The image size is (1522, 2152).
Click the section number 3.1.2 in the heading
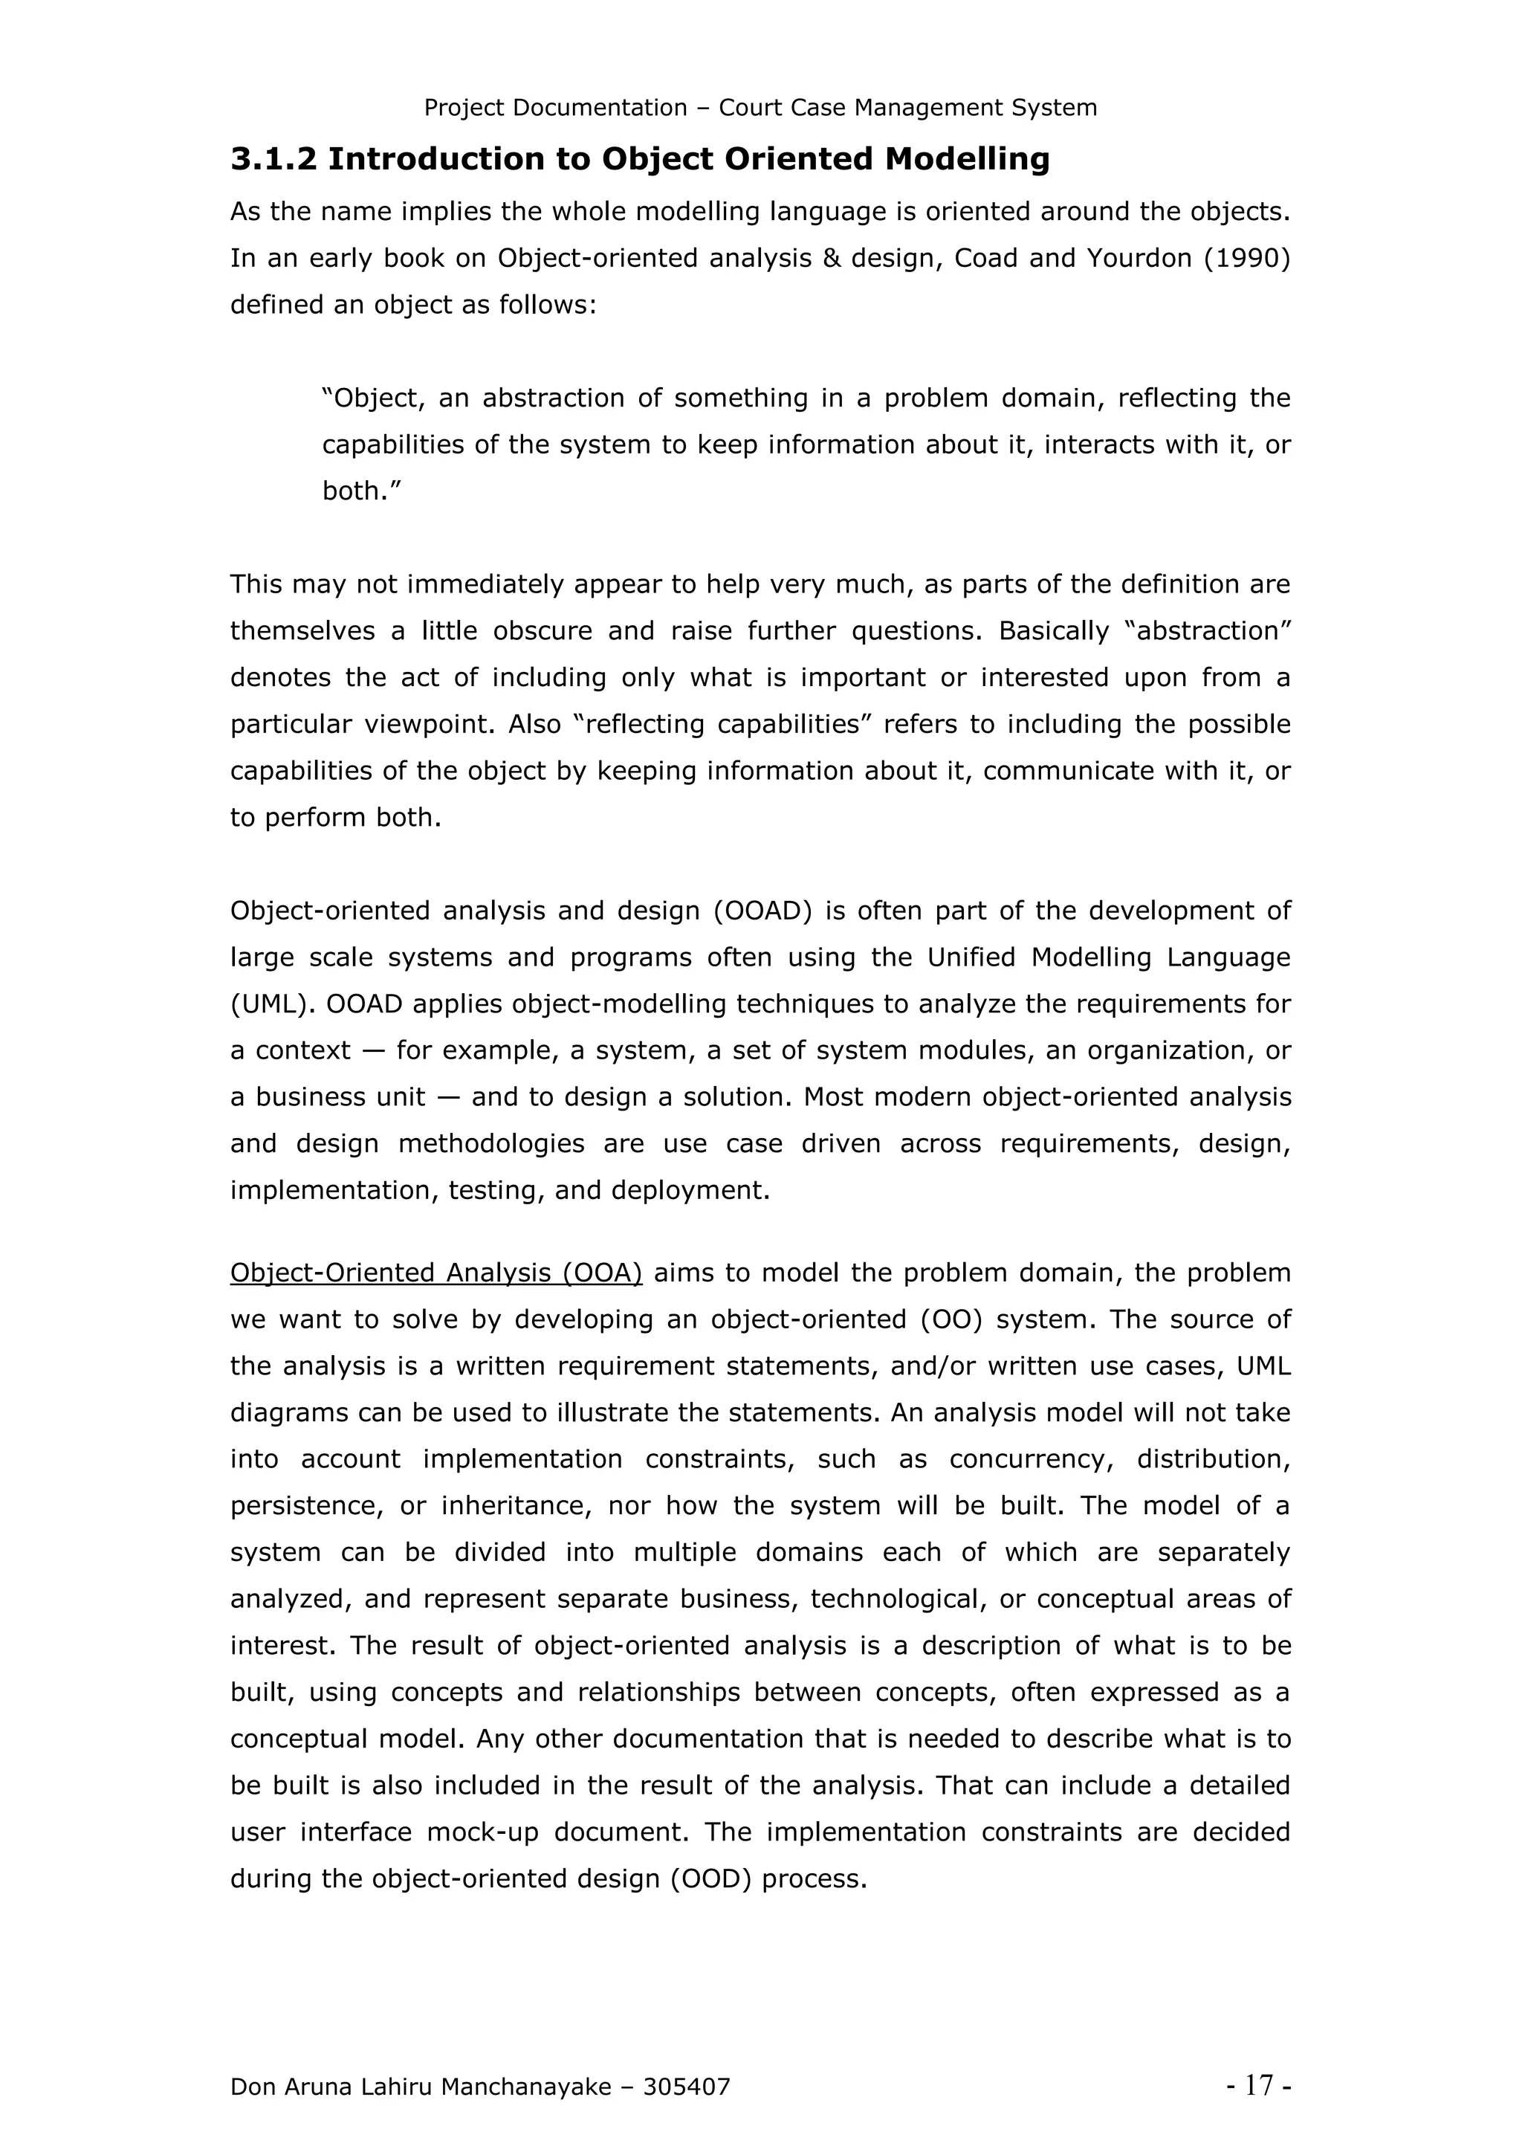coord(273,159)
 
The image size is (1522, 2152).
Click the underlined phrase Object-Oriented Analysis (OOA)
coord(435,1273)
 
